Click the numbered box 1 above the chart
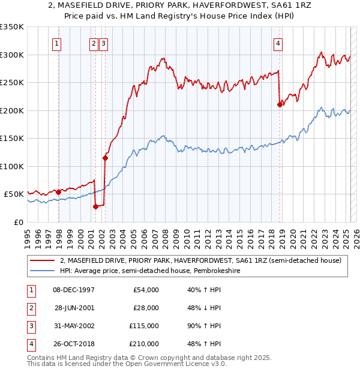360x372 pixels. tap(56, 43)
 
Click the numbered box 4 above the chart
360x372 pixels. tap(278, 43)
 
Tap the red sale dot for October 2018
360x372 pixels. tap(280, 104)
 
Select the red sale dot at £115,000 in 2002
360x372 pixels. tap(105, 158)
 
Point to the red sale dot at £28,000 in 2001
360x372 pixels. tap(95, 206)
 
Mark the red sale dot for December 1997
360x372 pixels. tap(58, 192)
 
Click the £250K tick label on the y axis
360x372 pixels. tap(12, 83)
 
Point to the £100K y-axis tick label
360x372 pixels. tap(12, 166)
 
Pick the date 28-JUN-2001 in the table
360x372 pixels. tap(74, 308)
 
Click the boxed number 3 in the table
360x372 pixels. tap(29, 326)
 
